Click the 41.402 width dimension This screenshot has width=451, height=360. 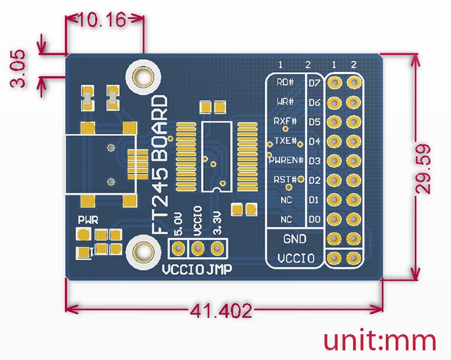[x=220, y=312]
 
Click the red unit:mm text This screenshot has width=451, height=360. [x=379, y=340]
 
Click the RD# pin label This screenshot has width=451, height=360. [x=285, y=82]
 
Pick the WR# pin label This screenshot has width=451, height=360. [x=285, y=102]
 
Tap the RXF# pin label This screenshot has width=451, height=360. [x=285, y=121]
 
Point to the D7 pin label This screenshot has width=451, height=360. [x=314, y=83]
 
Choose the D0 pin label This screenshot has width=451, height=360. [x=314, y=220]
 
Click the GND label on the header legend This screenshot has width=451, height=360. [x=295, y=239]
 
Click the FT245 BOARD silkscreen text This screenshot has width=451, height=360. [x=160, y=166]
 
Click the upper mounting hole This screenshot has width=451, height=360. [x=142, y=77]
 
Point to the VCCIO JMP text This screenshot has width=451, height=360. [x=197, y=269]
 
